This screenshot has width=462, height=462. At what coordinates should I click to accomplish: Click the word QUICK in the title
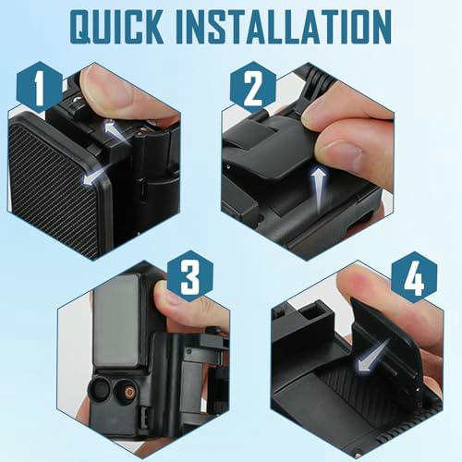(116, 27)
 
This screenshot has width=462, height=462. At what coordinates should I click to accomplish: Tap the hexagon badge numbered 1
(40, 87)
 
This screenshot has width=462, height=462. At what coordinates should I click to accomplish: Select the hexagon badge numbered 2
(253, 87)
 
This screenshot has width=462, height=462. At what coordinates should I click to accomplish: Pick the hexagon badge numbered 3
(190, 276)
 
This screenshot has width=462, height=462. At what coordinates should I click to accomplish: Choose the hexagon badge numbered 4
(414, 277)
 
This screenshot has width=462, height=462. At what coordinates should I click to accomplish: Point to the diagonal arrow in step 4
(372, 356)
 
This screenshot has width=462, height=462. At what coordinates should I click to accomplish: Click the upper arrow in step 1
(117, 131)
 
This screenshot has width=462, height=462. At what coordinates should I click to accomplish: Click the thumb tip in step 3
(168, 296)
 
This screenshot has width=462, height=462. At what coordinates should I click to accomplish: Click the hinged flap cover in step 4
(385, 339)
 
